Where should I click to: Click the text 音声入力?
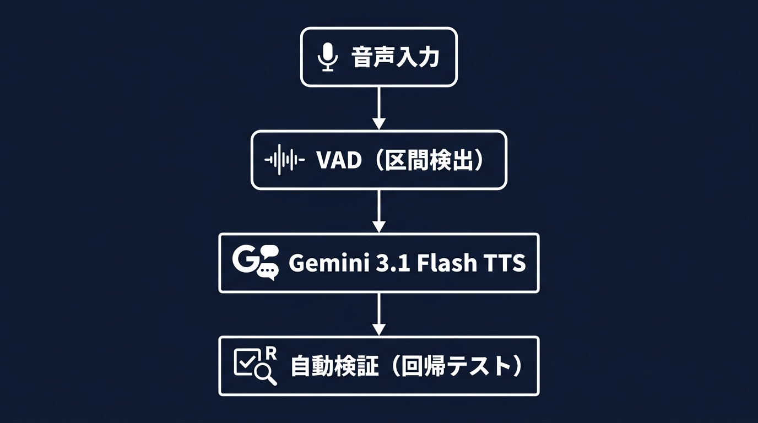[x=395, y=57]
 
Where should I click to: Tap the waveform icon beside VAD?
[x=284, y=160]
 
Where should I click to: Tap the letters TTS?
[x=501, y=263]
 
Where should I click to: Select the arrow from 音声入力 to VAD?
[x=378, y=107]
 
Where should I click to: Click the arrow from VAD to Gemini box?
[x=378, y=210]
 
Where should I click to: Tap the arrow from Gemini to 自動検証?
[x=378, y=313]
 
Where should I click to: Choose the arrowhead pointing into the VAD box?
[x=378, y=124]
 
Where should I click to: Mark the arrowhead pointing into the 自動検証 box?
[x=378, y=329]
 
